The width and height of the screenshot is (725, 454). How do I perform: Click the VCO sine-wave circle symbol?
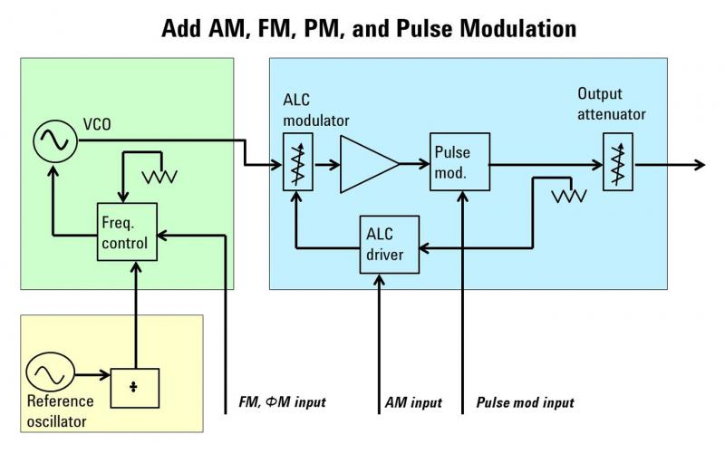click(55, 141)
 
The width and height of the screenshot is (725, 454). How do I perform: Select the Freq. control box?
click(127, 232)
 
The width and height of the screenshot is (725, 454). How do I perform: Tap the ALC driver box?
click(390, 244)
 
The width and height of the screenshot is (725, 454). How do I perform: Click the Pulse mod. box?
click(460, 162)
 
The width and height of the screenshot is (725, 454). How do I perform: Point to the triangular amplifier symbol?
click(369, 164)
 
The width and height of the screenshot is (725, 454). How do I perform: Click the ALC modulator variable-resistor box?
click(298, 162)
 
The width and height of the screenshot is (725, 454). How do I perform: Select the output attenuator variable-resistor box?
click(618, 162)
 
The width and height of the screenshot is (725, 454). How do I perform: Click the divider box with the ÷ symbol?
click(134, 388)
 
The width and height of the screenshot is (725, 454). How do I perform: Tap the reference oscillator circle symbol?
click(50, 372)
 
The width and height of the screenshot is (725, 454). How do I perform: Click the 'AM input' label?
click(413, 402)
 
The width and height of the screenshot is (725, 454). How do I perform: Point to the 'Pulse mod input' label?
click(526, 402)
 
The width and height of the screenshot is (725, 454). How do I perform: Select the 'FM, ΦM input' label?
click(282, 402)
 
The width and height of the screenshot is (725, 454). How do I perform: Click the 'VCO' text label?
click(97, 124)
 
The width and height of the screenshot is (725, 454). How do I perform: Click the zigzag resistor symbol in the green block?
click(159, 176)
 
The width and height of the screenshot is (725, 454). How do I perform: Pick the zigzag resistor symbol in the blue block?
click(569, 196)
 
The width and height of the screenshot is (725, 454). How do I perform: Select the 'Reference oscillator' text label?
click(60, 411)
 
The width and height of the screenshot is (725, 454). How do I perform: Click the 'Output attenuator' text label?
click(611, 104)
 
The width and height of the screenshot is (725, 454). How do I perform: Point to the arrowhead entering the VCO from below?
click(53, 172)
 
